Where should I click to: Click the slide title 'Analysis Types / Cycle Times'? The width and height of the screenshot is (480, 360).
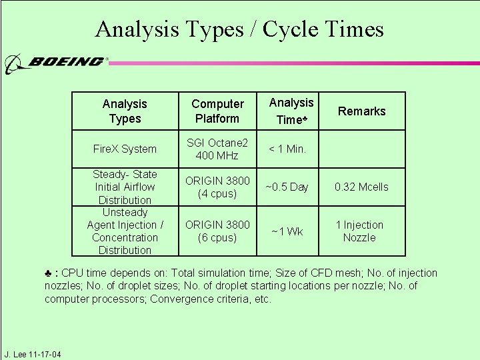coord(239,29)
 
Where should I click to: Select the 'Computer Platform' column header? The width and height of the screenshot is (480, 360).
coord(217,111)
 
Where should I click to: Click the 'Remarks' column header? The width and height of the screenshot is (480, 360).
coord(362,111)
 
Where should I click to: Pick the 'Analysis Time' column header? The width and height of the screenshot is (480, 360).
coord(291,111)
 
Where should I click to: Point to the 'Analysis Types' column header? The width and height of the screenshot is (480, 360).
coord(125,111)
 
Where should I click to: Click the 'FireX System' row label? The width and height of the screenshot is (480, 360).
coord(125,149)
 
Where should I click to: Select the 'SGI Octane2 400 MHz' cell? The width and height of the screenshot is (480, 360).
coord(217,149)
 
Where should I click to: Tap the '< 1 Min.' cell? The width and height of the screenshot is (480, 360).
coord(287,149)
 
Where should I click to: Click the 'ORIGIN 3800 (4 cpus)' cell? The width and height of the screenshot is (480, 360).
coord(217,187)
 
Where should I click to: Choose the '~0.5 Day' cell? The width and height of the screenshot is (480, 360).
coord(287,187)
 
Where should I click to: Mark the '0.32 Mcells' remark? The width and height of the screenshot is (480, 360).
coord(361,187)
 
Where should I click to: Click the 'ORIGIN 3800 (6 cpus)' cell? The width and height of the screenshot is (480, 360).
coord(217,231)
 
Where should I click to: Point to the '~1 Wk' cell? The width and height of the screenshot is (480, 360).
coord(287,231)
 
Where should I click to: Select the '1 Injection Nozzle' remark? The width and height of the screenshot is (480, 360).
coord(359,231)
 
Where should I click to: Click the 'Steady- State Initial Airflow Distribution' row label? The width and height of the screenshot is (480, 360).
coord(125,187)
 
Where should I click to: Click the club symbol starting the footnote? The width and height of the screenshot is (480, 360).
coord(49,273)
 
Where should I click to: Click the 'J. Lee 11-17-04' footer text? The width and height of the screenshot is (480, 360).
coord(32,354)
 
